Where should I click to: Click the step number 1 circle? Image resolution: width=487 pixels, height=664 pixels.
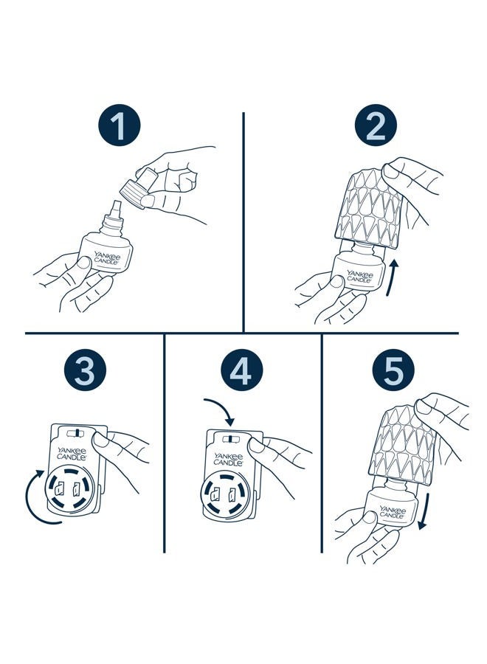(x=119, y=125)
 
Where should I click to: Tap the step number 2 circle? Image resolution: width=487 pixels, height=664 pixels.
(x=376, y=125)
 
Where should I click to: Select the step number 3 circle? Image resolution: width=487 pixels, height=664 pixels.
(x=85, y=370)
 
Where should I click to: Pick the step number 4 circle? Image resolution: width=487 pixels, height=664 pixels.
(x=242, y=370)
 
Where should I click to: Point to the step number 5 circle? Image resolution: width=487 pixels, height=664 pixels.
(x=394, y=370)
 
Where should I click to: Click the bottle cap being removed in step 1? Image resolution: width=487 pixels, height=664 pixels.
(x=138, y=187)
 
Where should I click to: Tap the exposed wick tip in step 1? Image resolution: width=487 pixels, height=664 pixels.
(x=116, y=209)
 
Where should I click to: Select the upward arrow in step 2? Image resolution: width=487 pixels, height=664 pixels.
(x=393, y=278)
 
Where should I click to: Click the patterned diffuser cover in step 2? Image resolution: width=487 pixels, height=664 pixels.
(x=367, y=210)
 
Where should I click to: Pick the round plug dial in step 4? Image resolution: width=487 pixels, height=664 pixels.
(x=224, y=495)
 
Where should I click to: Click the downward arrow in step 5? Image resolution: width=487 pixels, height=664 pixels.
(x=424, y=511)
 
